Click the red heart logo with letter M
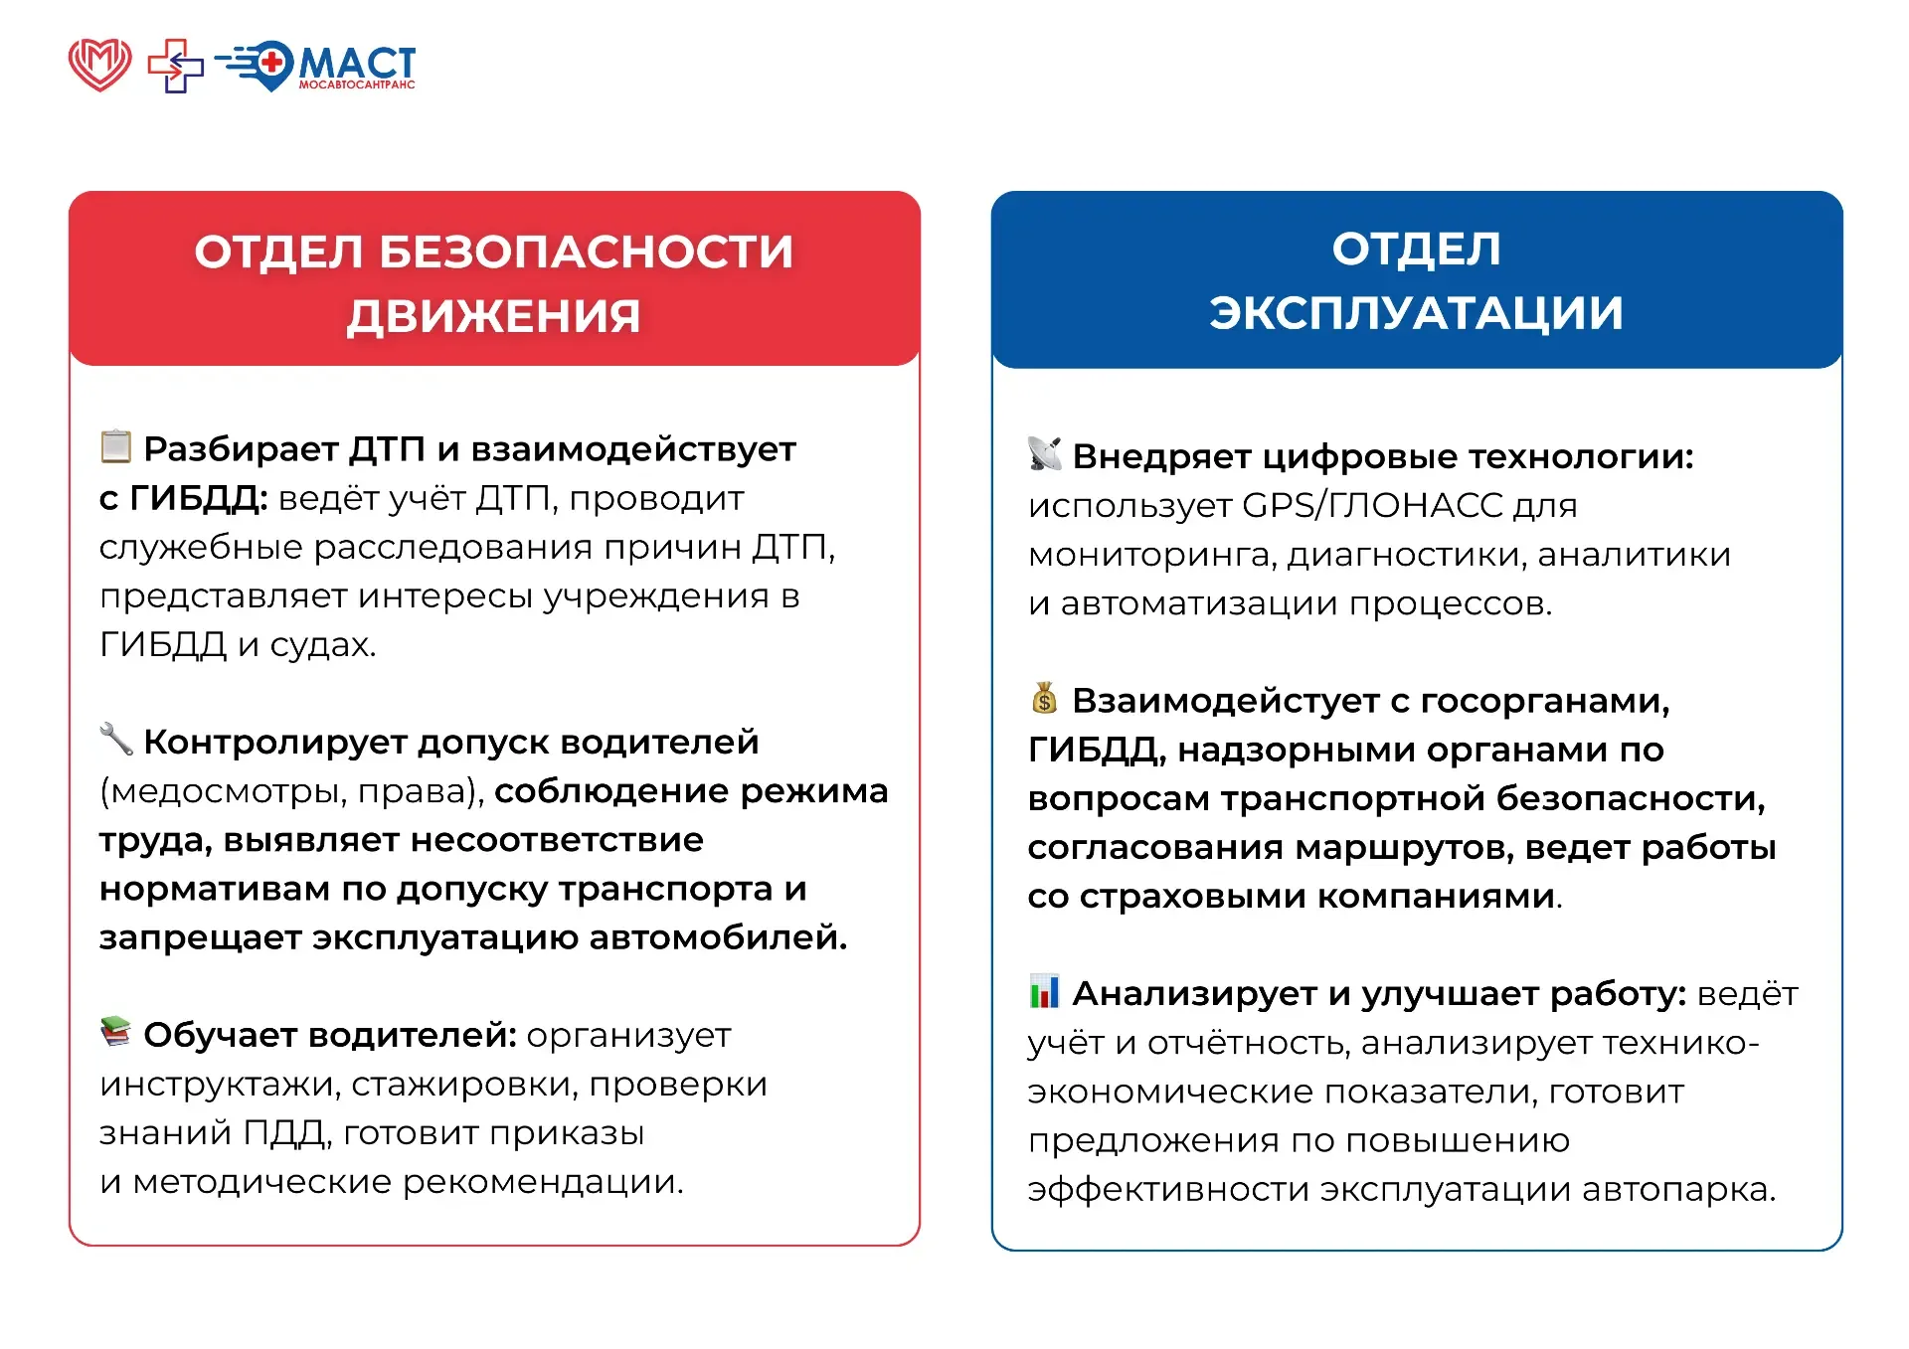pyautogui.click(x=99, y=65)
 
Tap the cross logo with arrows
pyautogui.click(x=175, y=66)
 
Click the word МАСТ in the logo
pyautogui.click(x=357, y=63)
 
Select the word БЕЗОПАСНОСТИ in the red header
pyautogui.click(x=587, y=252)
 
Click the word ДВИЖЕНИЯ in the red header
pyautogui.click(x=494, y=316)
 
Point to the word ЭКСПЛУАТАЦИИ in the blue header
pyautogui.click(x=1417, y=312)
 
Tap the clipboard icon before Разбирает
pyautogui.click(x=116, y=446)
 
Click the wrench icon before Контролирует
pyautogui.click(x=116, y=739)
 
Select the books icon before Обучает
pyautogui.click(x=116, y=1032)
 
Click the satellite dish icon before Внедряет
pyautogui.click(x=1045, y=453)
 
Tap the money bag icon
pyautogui.click(x=1044, y=698)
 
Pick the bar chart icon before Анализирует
pyautogui.click(x=1045, y=991)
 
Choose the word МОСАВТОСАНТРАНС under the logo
pyautogui.click(x=357, y=85)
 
